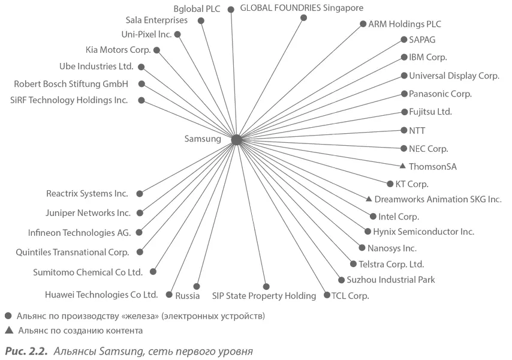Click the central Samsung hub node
click(x=236, y=139)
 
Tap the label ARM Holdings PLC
click(x=405, y=25)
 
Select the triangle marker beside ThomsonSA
click(x=403, y=166)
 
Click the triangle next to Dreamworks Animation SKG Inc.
click(x=369, y=199)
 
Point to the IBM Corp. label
click(x=428, y=58)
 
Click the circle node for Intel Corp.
click(x=373, y=216)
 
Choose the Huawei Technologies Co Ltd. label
click(x=101, y=295)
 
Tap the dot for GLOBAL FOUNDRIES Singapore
click(x=303, y=18)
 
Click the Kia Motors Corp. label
click(x=118, y=50)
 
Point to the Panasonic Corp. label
click(x=441, y=94)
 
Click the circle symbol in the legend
click(x=8, y=315)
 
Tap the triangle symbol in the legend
click(x=8, y=329)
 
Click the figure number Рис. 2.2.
click(x=25, y=350)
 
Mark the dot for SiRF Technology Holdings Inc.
click(x=141, y=100)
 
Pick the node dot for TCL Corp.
click(x=327, y=295)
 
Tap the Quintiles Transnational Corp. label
click(x=73, y=253)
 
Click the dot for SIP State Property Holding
click(x=266, y=286)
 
